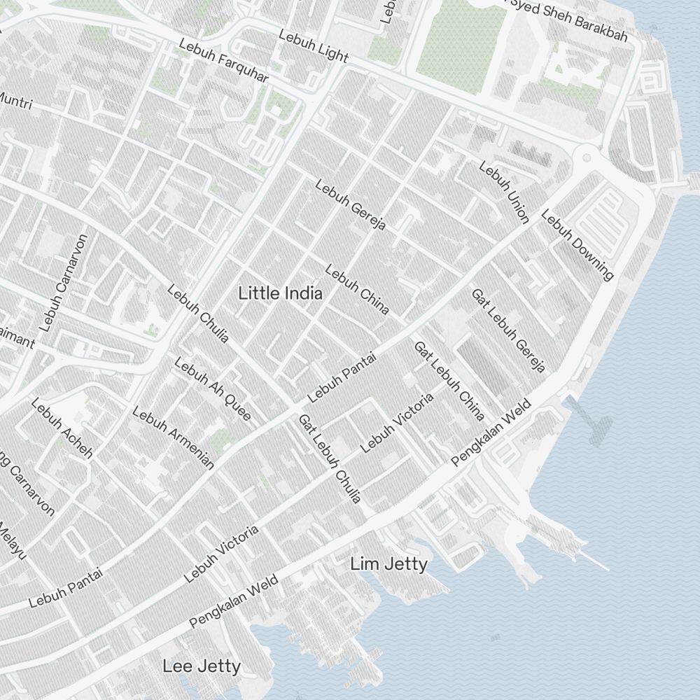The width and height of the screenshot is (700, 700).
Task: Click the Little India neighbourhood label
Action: (x=281, y=293)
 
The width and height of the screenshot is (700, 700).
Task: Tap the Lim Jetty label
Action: (x=388, y=563)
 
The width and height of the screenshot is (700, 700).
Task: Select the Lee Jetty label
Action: (x=202, y=666)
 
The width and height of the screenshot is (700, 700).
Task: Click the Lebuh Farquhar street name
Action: (x=223, y=61)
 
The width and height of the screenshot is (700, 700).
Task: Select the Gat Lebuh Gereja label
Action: (x=507, y=330)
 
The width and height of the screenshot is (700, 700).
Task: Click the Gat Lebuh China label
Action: (x=449, y=381)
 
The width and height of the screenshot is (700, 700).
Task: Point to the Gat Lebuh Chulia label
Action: (x=330, y=458)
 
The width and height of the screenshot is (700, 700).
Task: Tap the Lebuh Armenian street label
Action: (x=173, y=437)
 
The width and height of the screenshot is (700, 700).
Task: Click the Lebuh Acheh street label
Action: (x=62, y=428)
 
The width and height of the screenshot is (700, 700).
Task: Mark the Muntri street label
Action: (x=14, y=101)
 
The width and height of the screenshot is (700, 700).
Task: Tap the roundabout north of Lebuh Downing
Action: (x=587, y=155)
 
